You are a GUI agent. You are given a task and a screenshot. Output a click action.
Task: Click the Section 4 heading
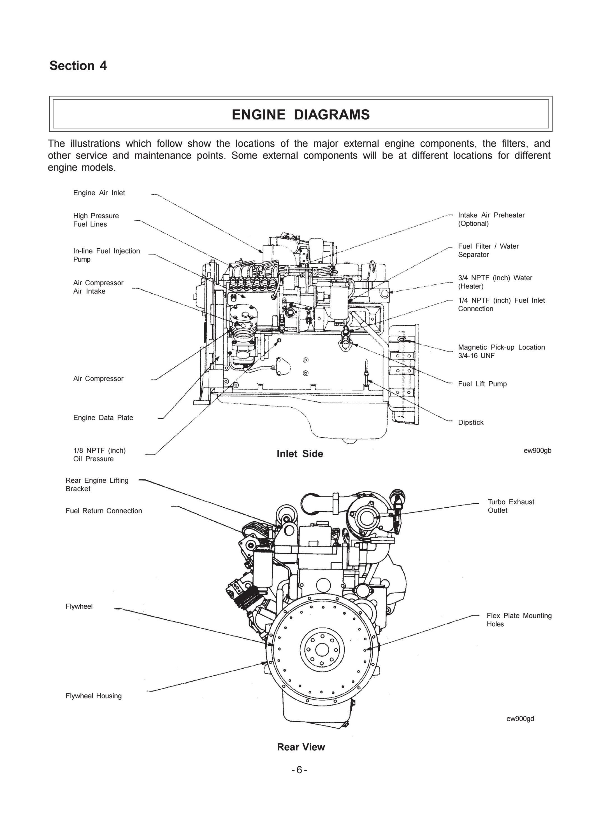(x=78, y=66)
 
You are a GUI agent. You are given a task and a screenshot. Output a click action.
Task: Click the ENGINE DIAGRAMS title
(x=301, y=115)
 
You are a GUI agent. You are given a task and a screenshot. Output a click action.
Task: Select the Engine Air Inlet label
(x=99, y=193)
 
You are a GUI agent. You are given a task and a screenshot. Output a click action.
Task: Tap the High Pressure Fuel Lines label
(x=96, y=220)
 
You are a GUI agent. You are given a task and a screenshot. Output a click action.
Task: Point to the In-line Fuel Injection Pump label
(x=106, y=255)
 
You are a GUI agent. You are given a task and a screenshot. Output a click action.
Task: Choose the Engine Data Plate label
(x=103, y=417)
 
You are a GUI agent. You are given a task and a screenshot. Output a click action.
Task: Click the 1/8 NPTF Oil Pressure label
(x=99, y=454)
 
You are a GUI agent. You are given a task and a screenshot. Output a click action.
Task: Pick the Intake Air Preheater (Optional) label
(x=491, y=219)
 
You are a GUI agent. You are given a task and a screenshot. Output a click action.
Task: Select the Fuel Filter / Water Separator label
(x=488, y=250)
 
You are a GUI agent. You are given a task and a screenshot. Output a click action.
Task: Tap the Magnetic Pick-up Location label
(x=502, y=351)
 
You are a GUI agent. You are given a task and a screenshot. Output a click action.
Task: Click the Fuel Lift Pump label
(x=482, y=384)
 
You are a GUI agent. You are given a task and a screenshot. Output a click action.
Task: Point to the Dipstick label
(x=471, y=422)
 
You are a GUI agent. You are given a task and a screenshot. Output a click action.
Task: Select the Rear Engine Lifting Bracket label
(x=97, y=484)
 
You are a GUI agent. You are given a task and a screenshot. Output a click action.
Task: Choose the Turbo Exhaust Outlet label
(x=511, y=506)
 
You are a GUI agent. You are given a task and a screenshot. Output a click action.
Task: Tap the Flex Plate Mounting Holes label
(x=519, y=620)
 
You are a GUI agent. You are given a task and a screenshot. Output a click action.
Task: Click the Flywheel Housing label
(x=94, y=696)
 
